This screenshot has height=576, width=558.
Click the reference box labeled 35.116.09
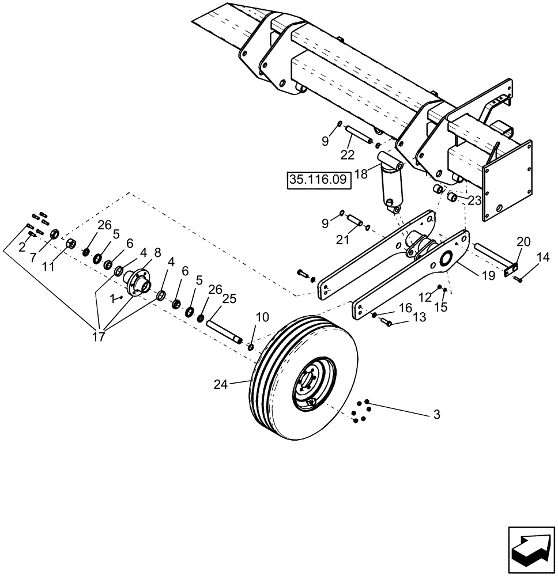click(x=318, y=180)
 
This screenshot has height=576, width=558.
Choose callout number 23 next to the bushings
click(x=474, y=200)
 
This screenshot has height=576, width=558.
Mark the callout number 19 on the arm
click(x=488, y=276)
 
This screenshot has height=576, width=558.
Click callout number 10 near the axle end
click(x=262, y=317)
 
